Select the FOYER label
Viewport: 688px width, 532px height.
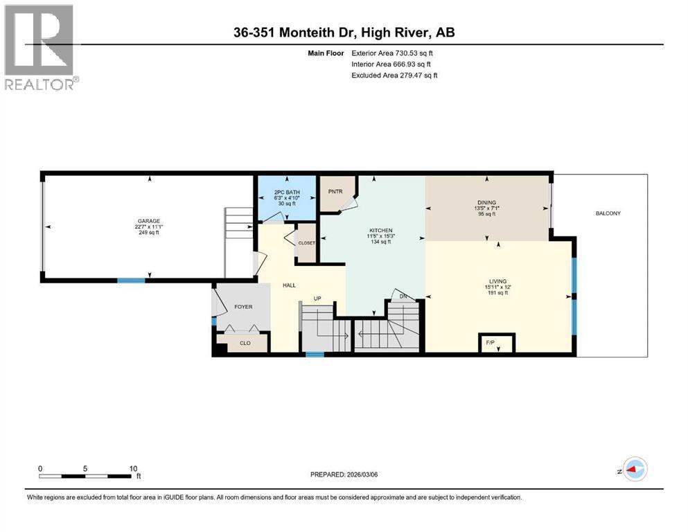242,306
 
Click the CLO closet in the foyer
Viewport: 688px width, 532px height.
245,342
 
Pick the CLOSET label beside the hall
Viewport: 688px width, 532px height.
307,243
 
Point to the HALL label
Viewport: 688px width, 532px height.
290,284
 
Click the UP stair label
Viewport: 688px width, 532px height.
318,299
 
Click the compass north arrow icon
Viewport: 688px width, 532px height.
634,469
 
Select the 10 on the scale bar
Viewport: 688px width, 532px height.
134,468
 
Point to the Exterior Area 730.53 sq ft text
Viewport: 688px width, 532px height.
394,53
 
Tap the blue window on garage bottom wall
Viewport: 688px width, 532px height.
130,280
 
